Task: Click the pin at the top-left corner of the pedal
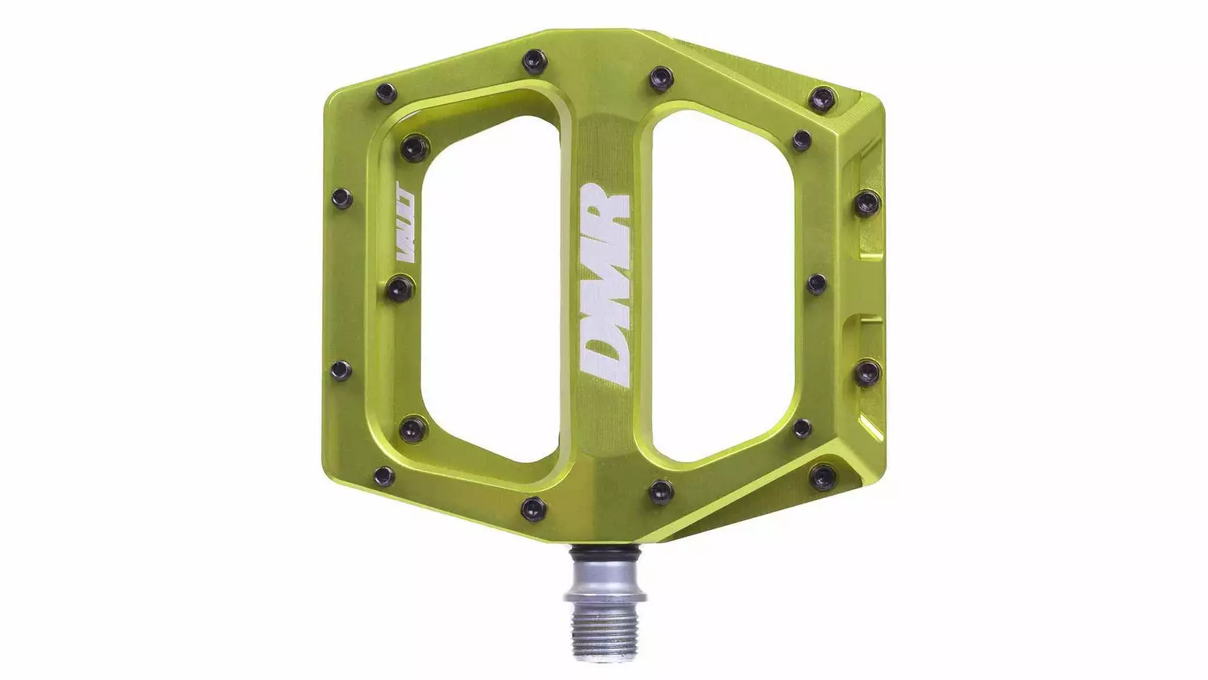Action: point(386,93)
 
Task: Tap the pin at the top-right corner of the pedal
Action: point(823,99)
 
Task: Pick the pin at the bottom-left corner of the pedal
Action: point(384,476)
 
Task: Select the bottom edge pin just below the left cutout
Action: point(533,508)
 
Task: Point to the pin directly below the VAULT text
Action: point(400,288)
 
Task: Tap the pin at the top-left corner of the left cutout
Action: point(415,147)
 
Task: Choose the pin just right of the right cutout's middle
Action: point(817,284)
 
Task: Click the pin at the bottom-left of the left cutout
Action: point(414,429)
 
